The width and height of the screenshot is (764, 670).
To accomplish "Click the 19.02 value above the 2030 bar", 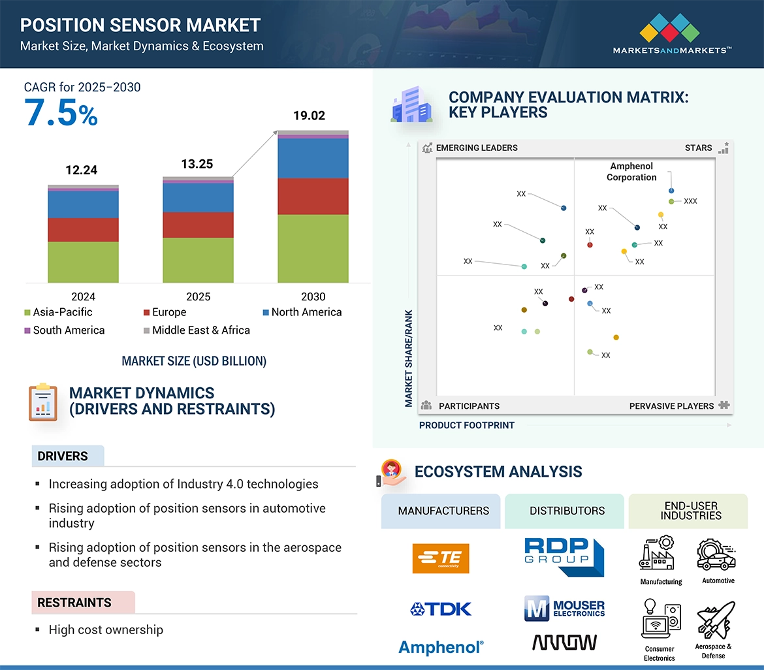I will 309,116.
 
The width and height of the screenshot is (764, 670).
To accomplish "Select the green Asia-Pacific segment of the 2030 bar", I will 313,249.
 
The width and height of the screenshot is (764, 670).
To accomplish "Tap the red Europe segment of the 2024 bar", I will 83,230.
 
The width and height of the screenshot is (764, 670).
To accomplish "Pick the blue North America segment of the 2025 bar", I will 198,198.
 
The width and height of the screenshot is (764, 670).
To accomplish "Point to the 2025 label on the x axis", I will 198,296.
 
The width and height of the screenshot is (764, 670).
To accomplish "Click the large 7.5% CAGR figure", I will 61,112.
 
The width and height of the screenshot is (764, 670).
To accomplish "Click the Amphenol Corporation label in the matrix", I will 631,172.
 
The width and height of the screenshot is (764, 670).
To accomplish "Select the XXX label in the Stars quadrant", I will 690,201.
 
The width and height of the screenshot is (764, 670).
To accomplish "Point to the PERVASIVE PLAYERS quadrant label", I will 671,406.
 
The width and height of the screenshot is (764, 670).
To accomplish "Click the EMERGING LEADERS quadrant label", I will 477,148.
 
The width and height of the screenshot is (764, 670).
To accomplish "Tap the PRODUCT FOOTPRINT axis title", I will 467,425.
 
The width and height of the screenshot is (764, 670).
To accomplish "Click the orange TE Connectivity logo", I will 441,559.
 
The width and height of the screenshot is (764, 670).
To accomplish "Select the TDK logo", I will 441,609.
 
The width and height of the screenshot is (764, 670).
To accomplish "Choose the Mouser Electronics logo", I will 565,609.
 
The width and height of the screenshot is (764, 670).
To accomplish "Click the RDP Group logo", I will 565,556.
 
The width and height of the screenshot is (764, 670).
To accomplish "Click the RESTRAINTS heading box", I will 83,603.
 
